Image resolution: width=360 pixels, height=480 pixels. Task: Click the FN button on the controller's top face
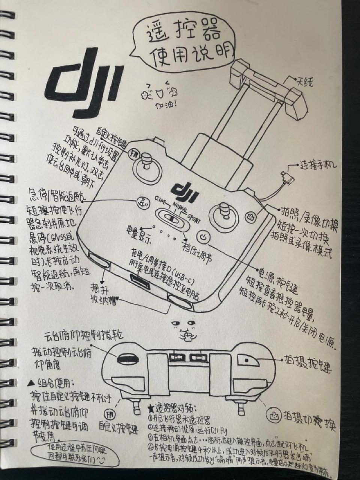[x=133, y=153]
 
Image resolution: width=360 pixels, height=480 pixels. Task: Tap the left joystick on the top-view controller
[x=145, y=166]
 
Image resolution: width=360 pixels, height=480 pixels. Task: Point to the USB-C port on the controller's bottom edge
[x=140, y=279]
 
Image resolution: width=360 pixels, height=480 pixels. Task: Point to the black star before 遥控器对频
[x=150, y=408]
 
